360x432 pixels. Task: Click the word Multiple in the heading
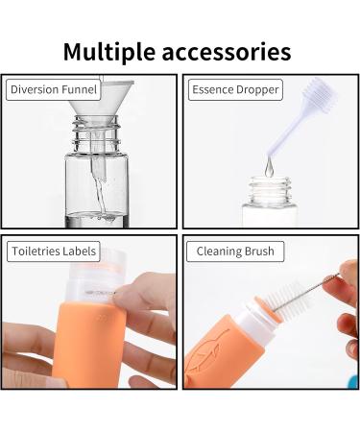pyautogui.click(x=109, y=52)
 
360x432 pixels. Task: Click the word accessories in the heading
pyautogui.click(x=227, y=53)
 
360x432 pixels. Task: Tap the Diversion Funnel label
pyautogui.click(x=54, y=89)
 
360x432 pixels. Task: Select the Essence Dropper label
pyautogui.click(x=235, y=90)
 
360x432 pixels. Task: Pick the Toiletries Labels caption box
pyautogui.click(x=54, y=252)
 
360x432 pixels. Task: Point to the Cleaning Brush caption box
pyautogui.click(x=235, y=252)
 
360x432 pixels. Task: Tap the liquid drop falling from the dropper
pyautogui.click(x=269, y=168)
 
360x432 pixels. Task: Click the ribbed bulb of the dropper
pyautogui.click(x=320, y=94)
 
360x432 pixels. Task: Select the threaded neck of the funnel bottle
pyautogui.click(x=96, y=134)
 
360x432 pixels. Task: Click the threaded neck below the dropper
pyautogui.click(x=271, y=190)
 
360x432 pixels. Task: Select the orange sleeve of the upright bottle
pyautogui.click(x=88, y=346)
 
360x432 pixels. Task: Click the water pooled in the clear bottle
pyautogui.click(x=97, y=220)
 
